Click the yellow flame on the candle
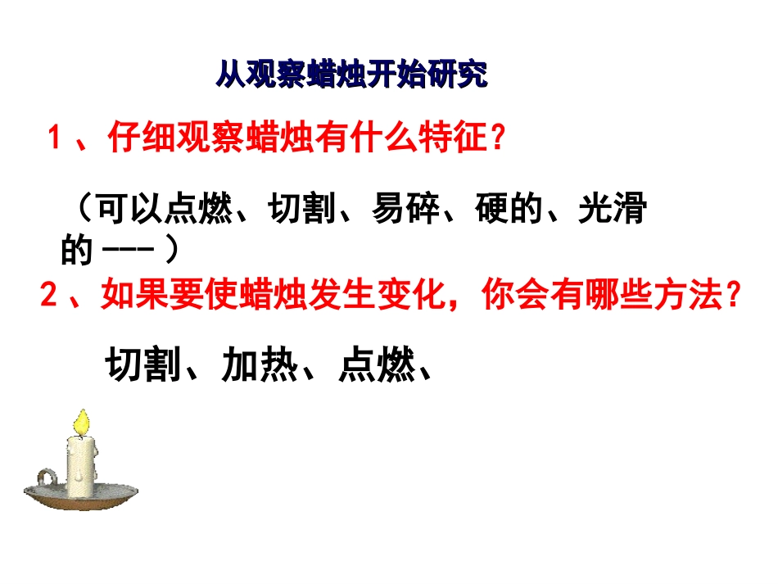[80, 422]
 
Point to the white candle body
[80, 465]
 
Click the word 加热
[255, 366]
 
